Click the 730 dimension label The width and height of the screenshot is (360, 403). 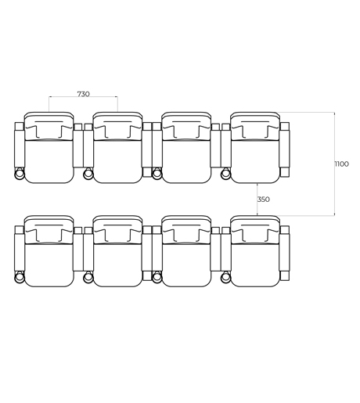point(83,94)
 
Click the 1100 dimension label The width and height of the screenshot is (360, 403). point(341,164)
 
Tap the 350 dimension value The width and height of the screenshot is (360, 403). point(264,200)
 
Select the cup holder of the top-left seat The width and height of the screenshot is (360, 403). point(19,174)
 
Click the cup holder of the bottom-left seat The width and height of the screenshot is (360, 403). point(19,277)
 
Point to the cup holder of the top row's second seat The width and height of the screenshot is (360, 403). point(88,174)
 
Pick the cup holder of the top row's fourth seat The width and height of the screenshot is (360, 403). point(225,174)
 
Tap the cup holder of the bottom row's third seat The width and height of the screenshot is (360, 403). point(157,277)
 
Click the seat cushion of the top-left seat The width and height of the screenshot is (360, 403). point(49,161)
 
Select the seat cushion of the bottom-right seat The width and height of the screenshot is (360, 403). point(255,264)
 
